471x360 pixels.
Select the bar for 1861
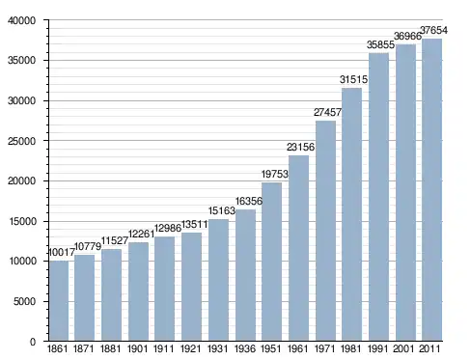tap(59, 301)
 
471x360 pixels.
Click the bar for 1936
tap(245, 275)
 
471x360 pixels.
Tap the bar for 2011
tap(431, 190)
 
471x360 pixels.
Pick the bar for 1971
tap(325, 231)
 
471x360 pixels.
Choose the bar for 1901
tap(138, 291)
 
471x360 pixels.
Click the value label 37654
tap(433, 30)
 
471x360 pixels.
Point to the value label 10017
tap(61, 253)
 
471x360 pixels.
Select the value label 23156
tap(300, 147)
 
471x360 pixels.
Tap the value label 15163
tap(222, 210)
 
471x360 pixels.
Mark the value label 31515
tap(353, 79)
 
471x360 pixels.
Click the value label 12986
tap(168, 228)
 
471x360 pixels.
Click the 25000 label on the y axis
tap(22, 141)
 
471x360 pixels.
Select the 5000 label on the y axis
tap(24, 301)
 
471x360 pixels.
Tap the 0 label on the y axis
tap(33, 342)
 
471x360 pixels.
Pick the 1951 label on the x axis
tap(271, 348)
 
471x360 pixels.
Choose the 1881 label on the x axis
tap(110, 348)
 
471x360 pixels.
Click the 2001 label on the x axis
tap(403, 348)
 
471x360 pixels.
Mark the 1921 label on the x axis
tap(190, 348)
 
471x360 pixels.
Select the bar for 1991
tap(378, 197)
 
